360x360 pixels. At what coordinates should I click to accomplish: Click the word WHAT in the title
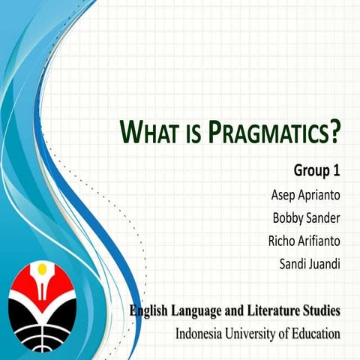coord(149,134)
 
